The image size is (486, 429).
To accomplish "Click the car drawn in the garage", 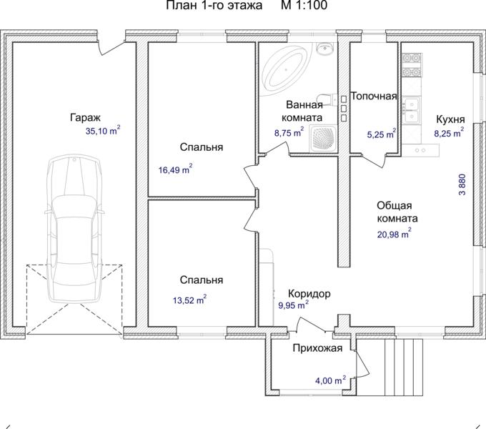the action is pos(75,229).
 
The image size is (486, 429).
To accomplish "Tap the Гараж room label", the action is pos(85,118).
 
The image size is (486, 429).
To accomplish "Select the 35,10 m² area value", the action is pos(103,131).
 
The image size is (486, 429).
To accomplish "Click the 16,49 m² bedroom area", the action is pos(175,169).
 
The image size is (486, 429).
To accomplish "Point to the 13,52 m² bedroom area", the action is pos(189,300).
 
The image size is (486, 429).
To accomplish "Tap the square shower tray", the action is pos(324,138).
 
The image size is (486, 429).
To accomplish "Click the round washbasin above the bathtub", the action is pos(324,49).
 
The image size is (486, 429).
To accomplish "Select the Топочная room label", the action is pos(374,96).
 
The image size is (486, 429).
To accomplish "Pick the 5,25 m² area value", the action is pos(382,134).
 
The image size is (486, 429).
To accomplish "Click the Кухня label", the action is pos(451,119).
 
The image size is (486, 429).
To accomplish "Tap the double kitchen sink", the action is pos(412,109).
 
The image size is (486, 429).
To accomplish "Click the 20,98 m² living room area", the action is pos(395,234).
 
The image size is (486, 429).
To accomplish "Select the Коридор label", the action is pos(309,293).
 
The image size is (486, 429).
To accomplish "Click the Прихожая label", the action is pos(318,348).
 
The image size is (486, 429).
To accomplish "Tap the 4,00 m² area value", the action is pos(330,380).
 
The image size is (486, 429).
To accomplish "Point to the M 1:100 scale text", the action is pos(304,5).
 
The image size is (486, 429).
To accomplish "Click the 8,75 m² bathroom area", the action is pos(289,133).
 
